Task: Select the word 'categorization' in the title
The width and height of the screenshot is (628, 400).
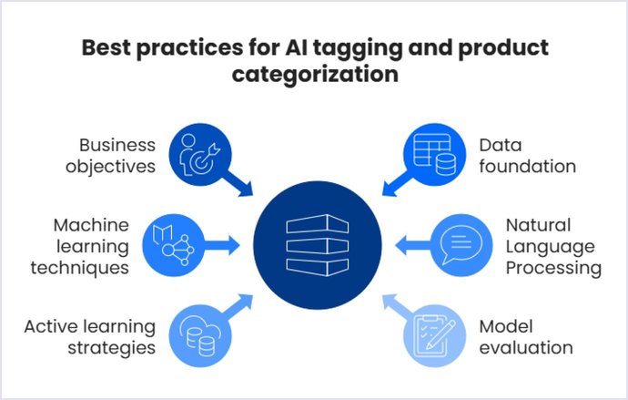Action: pos(314,74)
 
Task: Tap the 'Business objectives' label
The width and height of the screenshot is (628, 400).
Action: pos(116,155)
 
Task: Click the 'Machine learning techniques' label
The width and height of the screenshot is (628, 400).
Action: pos(91,246)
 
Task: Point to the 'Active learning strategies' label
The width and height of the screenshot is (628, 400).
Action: pos(89,336)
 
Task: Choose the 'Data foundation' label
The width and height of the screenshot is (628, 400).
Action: pos(528,155)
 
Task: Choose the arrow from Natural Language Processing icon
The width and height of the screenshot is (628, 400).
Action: pos(410,243)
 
